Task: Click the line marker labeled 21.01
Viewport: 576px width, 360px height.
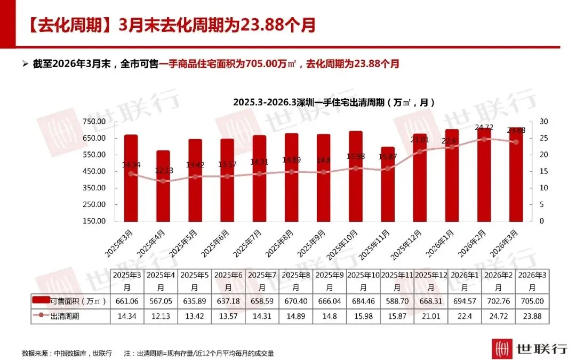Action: (x=420, y=151)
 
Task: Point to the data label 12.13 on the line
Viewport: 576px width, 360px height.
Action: (x=163, y=170)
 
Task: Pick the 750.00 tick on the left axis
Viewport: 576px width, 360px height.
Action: (x=94, y=122)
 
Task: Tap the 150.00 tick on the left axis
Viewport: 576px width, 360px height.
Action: (x=94, y=221)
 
